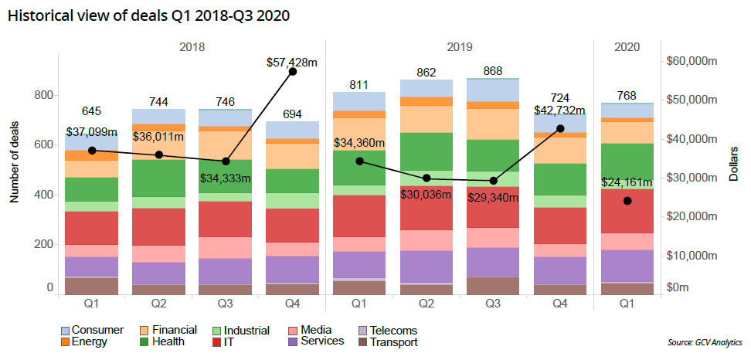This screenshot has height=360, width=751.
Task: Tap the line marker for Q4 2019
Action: (560, 128)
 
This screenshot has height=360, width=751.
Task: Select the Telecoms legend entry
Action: (391, 331)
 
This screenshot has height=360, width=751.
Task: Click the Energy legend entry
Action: (86, 342)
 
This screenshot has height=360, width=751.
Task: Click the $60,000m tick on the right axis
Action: (692, 61)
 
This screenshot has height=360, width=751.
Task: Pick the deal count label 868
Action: (493, 70)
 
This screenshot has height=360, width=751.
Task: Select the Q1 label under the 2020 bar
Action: (627, 304)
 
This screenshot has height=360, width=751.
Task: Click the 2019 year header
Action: (460, 46)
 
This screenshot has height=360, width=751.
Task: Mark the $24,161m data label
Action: (628, 184)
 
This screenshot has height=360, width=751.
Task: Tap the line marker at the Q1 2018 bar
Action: (92, 151)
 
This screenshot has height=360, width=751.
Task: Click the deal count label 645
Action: (91, 111)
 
